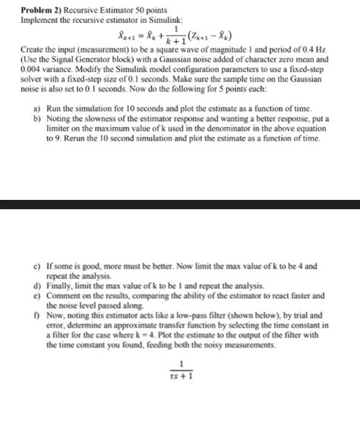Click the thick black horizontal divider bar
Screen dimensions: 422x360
[180, 204]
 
